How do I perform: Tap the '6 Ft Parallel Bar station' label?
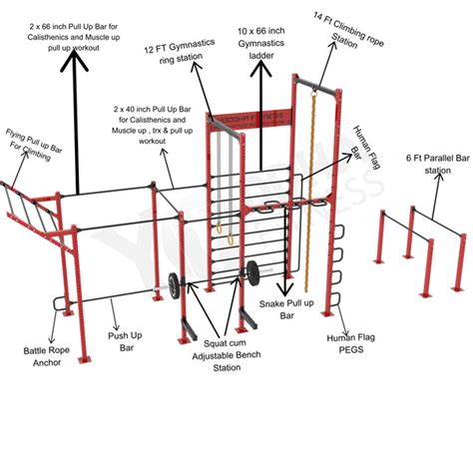[427, 164]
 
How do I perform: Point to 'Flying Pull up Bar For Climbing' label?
[36, 143]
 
